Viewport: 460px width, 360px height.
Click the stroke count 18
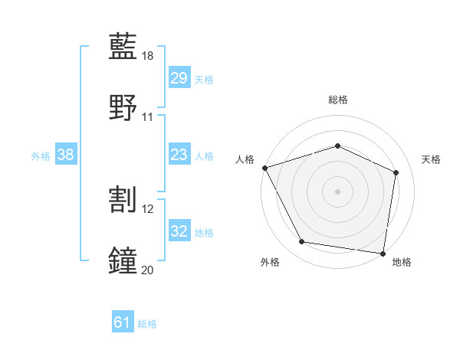tap(148, 56)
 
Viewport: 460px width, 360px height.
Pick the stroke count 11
tap(148, 116)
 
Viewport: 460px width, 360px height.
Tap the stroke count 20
tap(148, 269)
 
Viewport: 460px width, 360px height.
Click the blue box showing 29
tap(179, 78)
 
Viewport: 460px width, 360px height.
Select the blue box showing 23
tap(179, 155)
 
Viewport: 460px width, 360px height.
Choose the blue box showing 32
tap(179, 231)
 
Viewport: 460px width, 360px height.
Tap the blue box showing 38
tap(66, 155)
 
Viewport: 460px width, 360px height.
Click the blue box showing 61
tap(123, 322)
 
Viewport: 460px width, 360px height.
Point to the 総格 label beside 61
tap(147, 324)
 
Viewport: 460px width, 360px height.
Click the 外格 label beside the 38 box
tap(41, 155)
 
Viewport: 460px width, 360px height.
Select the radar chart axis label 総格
tap(337, 100)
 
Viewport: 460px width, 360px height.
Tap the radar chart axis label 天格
tap(431, 159)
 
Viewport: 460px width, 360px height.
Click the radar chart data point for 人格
tap(264, 168)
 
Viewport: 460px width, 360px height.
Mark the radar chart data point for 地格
tap(383, 253)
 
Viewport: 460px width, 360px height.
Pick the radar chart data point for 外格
tap(302, 242)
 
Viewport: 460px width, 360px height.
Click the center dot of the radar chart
tap(337, 191)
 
